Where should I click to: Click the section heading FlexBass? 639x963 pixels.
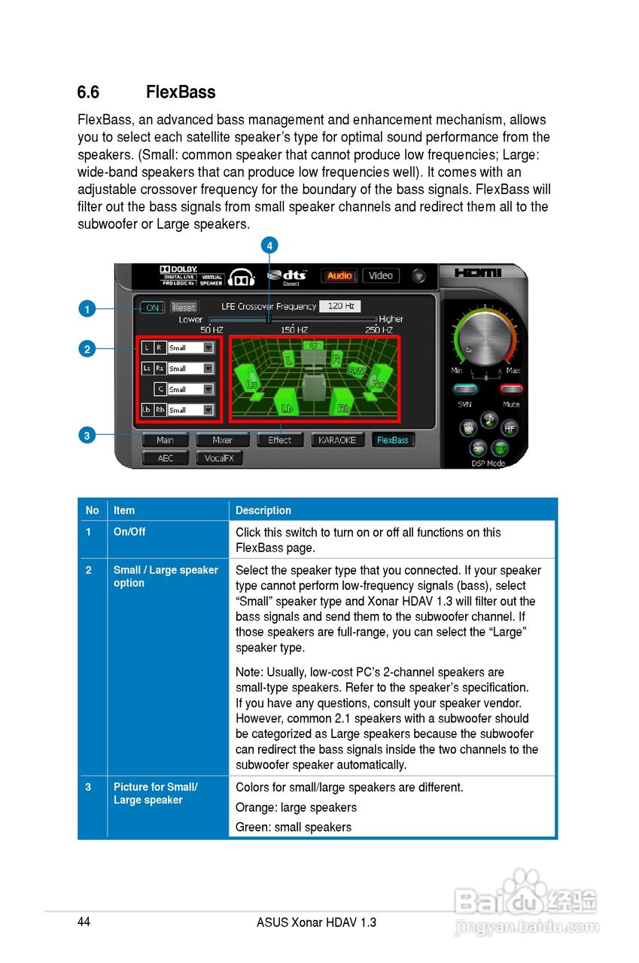click(181, 93)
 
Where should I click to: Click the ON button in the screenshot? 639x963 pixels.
click(153, 307)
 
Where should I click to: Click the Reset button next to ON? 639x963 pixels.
click(184, 307)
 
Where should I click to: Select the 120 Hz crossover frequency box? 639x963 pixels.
click(340, 306)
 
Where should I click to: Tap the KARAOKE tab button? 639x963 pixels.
click(337, 440)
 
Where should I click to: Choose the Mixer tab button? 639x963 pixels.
click(223, 440)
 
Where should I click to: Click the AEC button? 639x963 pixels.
click(165, 458)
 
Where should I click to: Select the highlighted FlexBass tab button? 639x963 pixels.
click(393, 440)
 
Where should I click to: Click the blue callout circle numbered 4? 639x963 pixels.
click(269, 245)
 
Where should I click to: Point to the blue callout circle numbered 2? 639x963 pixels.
click(87, 348)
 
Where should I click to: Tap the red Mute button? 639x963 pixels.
click(512, 389)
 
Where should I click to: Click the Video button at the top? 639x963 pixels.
click(381, 276)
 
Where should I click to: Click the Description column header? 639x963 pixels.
click(263, 510)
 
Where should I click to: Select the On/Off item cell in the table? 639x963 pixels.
click(129, 532)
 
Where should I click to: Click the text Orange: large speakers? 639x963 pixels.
click(296, 807)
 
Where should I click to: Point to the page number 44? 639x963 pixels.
click(84, 922)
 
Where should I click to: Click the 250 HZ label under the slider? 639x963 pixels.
click(379, 330)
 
